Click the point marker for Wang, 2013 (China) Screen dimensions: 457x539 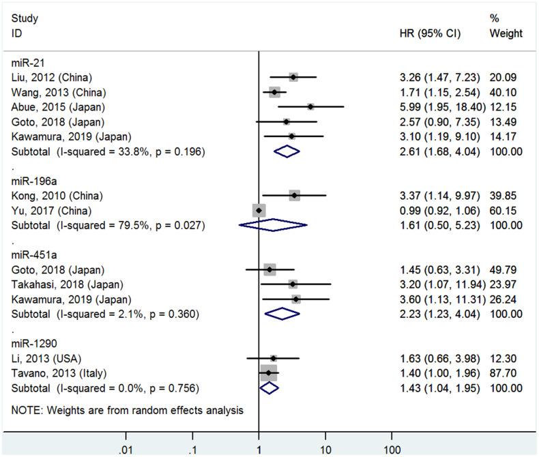[274, 92]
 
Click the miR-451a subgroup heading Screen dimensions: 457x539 [30, 255]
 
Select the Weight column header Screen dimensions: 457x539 [506, 33]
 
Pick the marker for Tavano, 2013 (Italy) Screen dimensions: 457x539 [269, 373]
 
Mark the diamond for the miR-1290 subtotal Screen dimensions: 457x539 [270, 388]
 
